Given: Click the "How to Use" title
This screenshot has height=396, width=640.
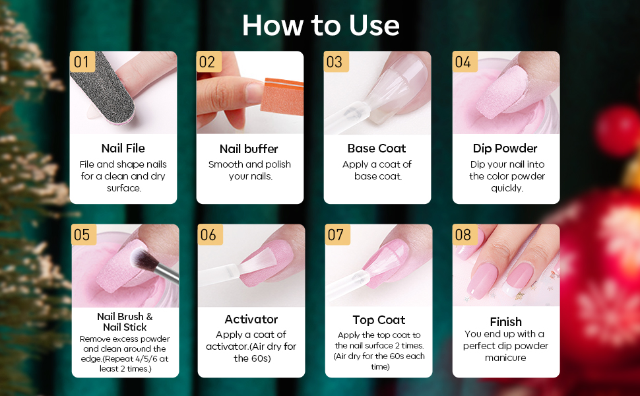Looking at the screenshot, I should pyautogui.click(x=321, y=25).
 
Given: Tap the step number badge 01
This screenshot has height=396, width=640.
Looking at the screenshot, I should pyautogui.click(x=82, y=62).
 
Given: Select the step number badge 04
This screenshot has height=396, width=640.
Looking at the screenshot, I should pyautogui.click(x=463, y=62).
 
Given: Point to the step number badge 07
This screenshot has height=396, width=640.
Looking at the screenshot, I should pyautogui.click(x=336, y=234).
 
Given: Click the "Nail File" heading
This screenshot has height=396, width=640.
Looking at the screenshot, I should pyautogui.click(x=123, y=148).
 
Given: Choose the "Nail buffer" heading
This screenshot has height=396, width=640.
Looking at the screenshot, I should pyautogui.click(x=249, y=148).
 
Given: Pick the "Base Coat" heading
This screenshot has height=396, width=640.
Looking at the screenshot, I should pyautogui.click(x=377, y=148).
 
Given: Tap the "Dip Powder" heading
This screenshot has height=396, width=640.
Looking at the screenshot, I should pyautogui.click(x=505, y=148).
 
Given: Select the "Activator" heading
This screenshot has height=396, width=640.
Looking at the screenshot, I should pyautogui.click(x=251, y=319).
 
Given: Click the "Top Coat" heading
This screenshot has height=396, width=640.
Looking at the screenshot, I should pyautogui.click(x=379, y=319).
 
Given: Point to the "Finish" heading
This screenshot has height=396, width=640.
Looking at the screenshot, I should pyautogui.click(x=506, y=321).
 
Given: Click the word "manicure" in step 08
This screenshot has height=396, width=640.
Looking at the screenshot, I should pyautogui.click(x=505, y=358).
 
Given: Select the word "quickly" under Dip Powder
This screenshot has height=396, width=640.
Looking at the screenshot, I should pyautogui.click(x=507, y=188).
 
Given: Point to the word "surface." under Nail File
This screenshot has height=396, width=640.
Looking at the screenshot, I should pyautogui.click(x=124, y=188).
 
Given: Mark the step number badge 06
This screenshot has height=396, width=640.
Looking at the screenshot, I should pyautogui.click(x=208, y=235).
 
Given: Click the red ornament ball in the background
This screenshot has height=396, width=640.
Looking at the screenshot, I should pyautogui.click(x=614, y=125).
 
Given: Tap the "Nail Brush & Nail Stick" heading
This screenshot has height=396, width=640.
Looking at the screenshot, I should pyautogui.click(x=125, y=322).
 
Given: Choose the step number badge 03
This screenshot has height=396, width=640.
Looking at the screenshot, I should pyautogui.click(x=335, y=62).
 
